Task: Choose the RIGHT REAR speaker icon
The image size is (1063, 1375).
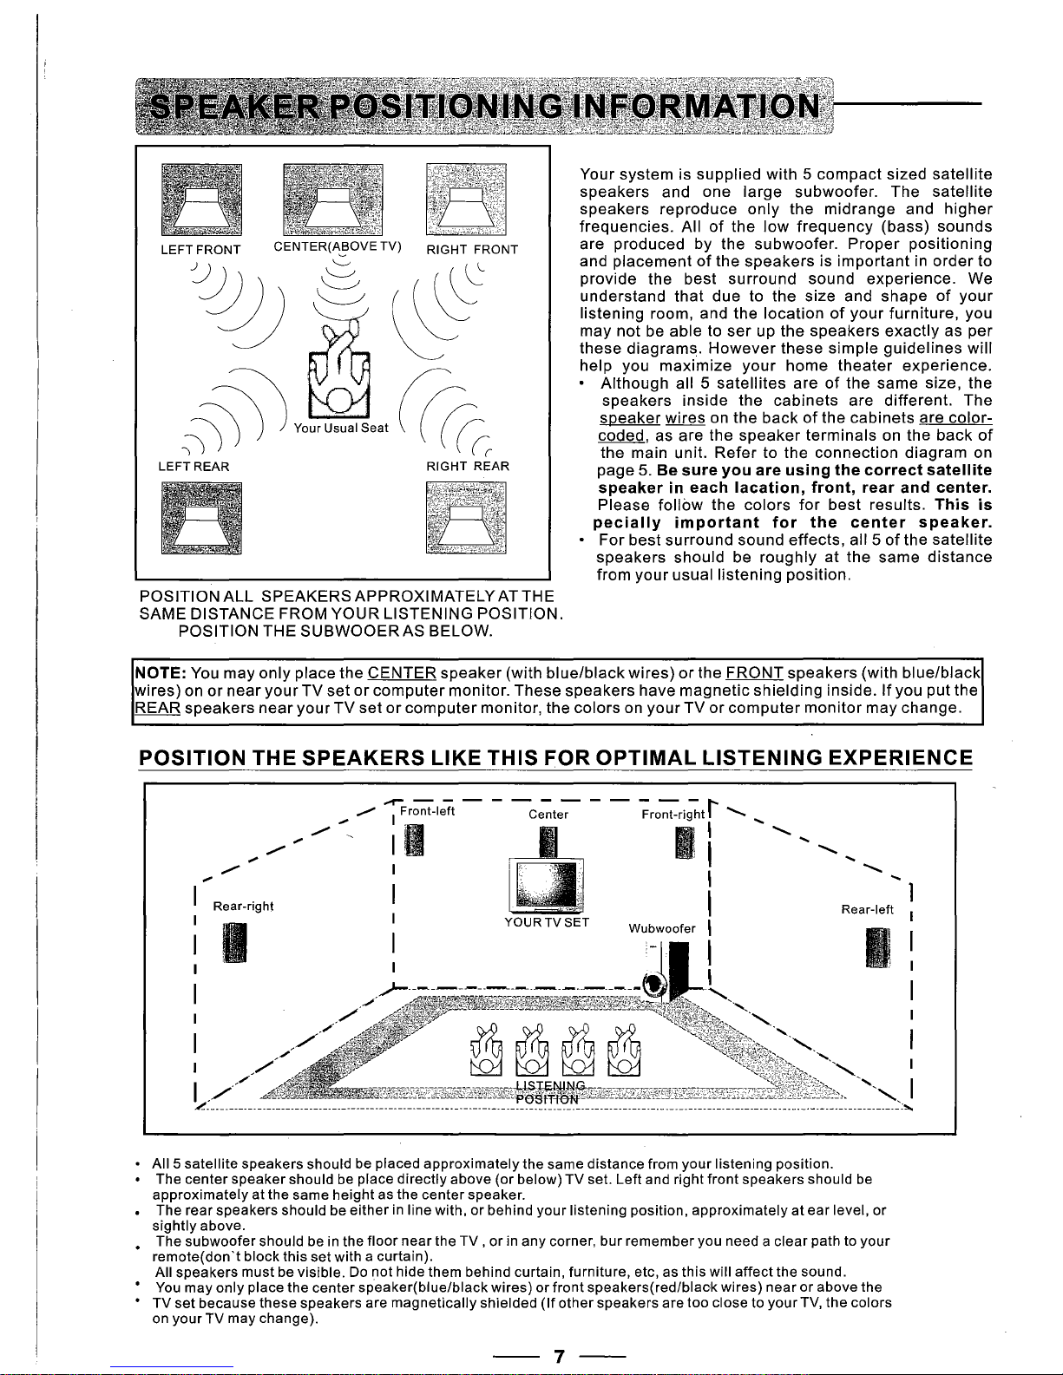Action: pos(466,517)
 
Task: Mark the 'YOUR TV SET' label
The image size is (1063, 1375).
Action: pos(547,922)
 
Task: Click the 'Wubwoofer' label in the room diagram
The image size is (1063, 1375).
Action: pos(662,928)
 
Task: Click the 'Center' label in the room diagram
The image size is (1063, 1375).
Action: pos(548,815)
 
